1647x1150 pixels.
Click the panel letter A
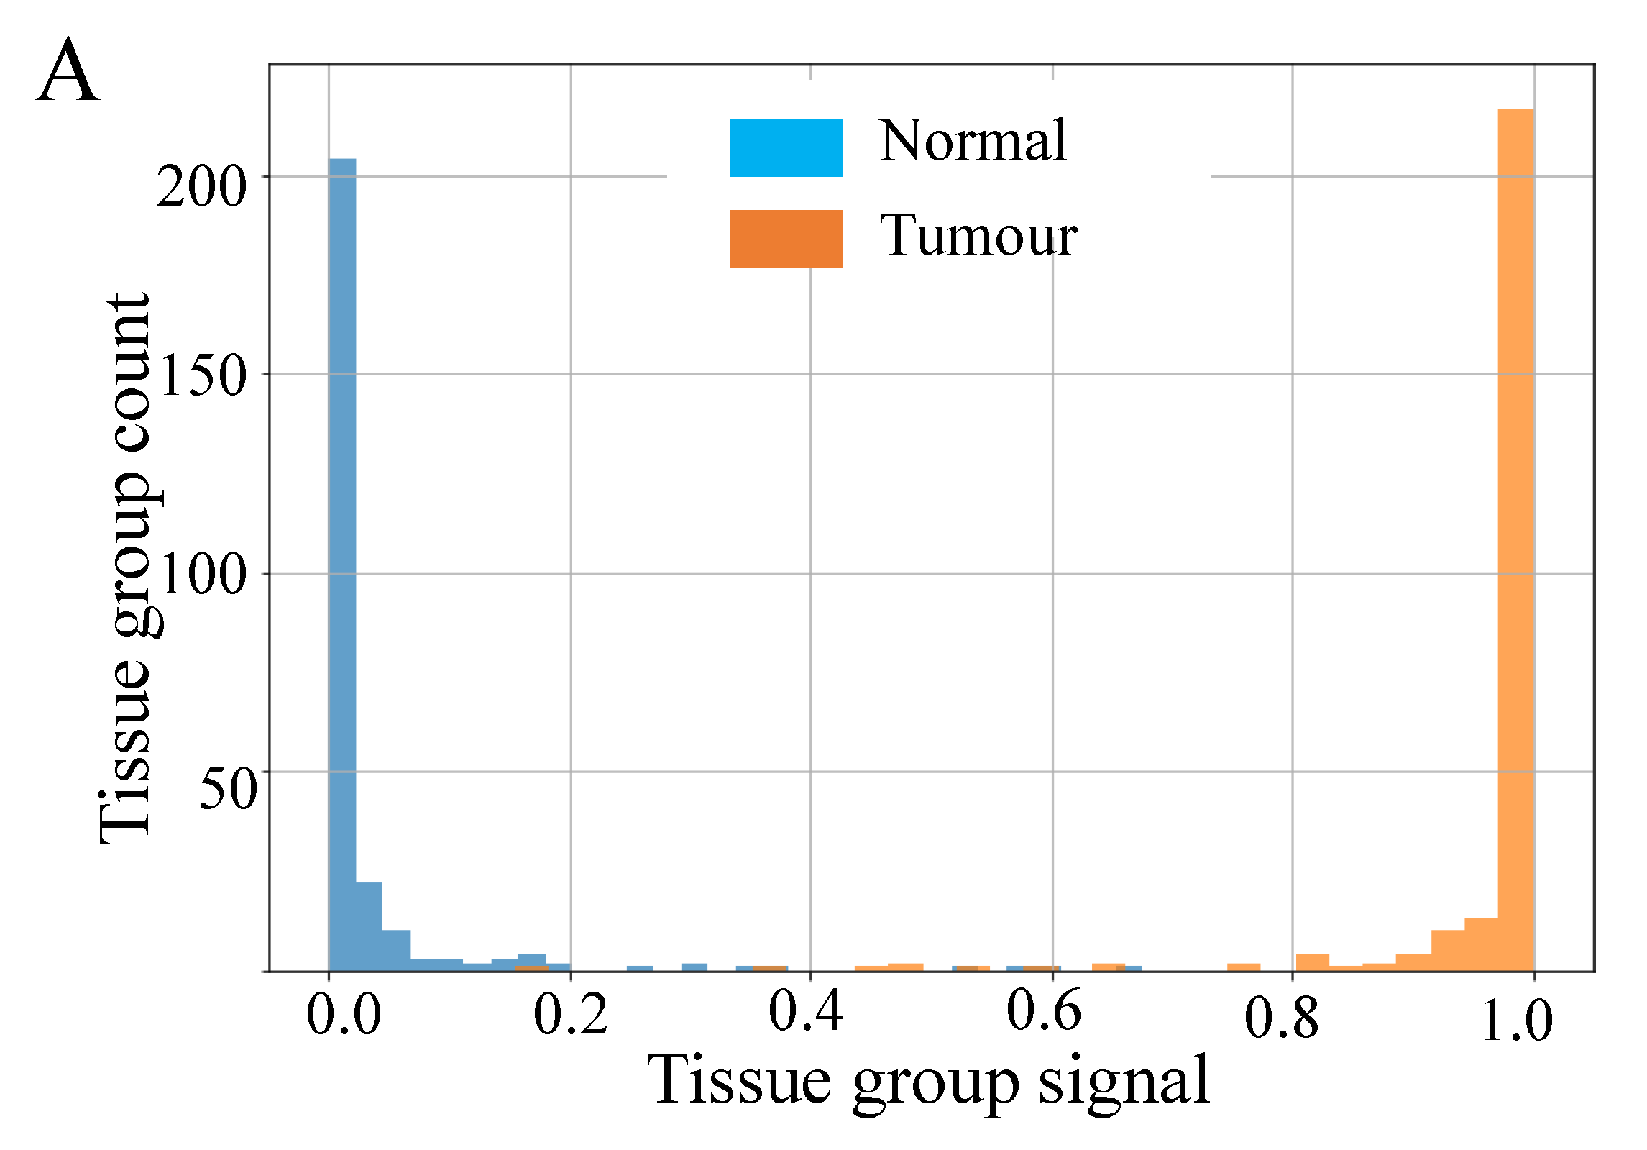coord(68,72)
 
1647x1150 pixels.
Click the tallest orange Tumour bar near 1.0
coord(1516,539)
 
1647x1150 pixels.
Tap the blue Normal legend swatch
coord(786,148)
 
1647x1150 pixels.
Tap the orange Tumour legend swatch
coord(786,239)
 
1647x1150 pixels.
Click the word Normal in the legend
coord(972,141)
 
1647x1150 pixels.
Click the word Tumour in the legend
coord(978,236)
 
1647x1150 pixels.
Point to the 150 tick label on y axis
coord(203,377)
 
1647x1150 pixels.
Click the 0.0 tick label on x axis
coord(344,1016)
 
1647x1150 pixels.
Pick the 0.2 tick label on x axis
coord(571,1016)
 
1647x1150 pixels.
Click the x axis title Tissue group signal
coord(929,1082)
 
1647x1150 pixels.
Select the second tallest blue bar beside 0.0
coord(369,927)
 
